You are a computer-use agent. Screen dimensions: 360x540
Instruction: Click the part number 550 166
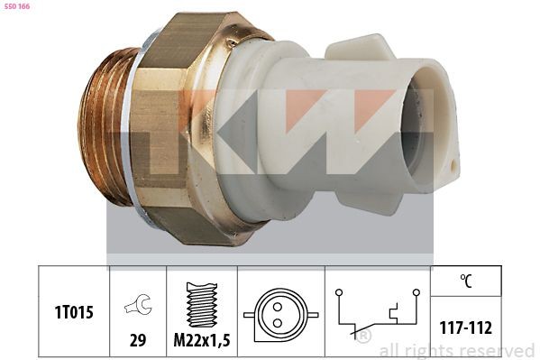(x=16, y=5)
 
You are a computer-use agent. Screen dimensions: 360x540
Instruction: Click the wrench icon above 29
(x=137, y=307)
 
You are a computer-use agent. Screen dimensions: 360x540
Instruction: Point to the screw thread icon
(x=202, y=305)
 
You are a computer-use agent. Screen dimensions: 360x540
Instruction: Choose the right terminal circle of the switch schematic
(x=416, y=292)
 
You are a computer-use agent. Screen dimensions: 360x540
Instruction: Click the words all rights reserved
(x=456, y=350)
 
